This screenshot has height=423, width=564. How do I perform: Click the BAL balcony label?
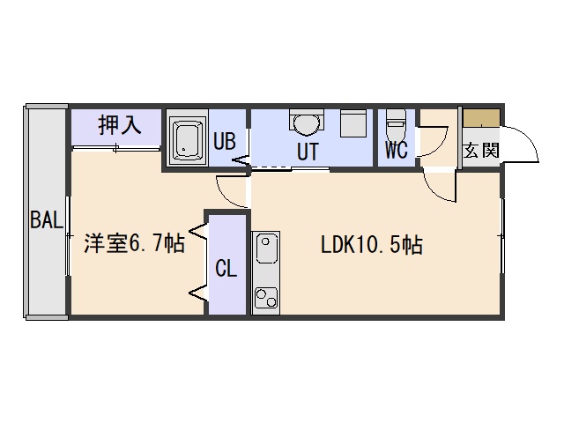pyautogui.click(x=47, y=219)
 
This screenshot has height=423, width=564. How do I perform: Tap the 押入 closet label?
pyautogui.click(x=120, y=125)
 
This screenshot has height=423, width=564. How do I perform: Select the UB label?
pyautogui.click(x=225, y=141)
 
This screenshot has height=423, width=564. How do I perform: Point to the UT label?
pyautogui.click(x=308, y=152)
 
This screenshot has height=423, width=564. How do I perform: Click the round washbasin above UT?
pyautogui.click(x=306, y=123)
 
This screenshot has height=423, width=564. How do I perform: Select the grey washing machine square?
pyautogui.click(x=352, y=123)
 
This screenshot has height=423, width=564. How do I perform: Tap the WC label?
pyautogui.click(x=397, y=150)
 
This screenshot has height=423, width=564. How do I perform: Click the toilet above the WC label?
pyautogui.click(x=396, y=125)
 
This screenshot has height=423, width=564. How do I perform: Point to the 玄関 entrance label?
pyautogui.click(x=481, y=151)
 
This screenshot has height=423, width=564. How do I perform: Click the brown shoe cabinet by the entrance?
pyautogui.click(x=481, y=117)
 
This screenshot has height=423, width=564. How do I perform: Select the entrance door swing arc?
pyautogui.click(x=529, y=137)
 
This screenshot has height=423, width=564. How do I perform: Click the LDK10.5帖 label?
pyautogui.click(x=372, y=246)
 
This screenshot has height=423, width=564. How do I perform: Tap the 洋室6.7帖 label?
pyautogui.click(x=135, y=243)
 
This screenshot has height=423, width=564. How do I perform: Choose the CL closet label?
pyautogui.click(x=226, y=268)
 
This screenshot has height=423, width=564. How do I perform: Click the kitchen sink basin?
pyautogui.click(x=266, y=249)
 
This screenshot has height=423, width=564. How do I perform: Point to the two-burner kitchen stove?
pyautogui.click(x=266, y=298)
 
